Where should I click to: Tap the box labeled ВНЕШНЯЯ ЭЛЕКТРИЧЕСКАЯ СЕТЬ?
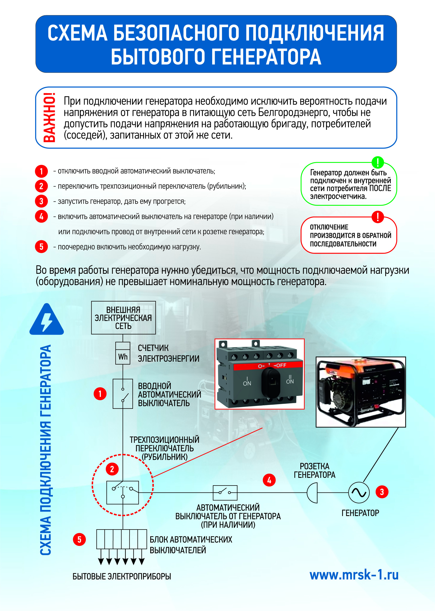point(123,318)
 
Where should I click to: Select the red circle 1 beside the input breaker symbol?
point(100,394)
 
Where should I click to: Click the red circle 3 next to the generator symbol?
point(382,492)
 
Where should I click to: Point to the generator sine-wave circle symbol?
point(359,492)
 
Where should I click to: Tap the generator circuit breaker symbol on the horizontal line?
point(225,493)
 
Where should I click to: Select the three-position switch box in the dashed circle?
point(123,492)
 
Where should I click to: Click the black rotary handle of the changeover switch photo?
point(270,383)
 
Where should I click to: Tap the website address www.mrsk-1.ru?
point(354,575)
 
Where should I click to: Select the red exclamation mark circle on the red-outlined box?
point(378,217)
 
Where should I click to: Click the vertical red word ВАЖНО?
point(49,117)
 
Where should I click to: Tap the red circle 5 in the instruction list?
point(41,247)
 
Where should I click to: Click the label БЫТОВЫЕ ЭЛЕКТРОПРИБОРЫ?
point(122,576)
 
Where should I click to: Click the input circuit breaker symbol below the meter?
point(123,394)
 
